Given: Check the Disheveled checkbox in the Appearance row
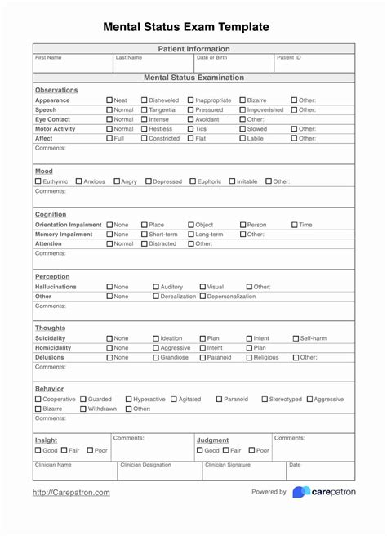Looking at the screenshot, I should tap(145, 100).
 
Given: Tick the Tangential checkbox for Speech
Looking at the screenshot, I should tap(145, 109).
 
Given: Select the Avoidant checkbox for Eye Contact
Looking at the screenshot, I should tap(191, 119).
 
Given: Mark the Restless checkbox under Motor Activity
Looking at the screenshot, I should tap(145, 129).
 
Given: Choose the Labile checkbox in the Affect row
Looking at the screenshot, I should tap(242, 138).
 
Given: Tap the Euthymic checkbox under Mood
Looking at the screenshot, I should tap(38, 181).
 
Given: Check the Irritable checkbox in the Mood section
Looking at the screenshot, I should tap(233, 181).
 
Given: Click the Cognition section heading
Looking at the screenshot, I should tap(51, 215).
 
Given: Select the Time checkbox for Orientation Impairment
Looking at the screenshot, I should tap(295, 225).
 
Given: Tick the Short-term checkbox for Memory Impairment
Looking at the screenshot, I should tap(145, 234).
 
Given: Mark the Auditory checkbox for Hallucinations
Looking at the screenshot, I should tap(157, 287).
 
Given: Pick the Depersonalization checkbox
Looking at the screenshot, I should tap(203, 297).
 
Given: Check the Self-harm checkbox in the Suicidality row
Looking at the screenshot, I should tap(296, 338).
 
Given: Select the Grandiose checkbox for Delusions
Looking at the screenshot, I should tap(157, 357).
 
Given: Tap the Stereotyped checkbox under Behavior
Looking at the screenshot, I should tap(265, 400).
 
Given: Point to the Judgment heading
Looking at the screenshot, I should tap(212, 440).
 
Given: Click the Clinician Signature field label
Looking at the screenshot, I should tap(227, 465).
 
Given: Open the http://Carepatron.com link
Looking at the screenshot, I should tap(71, 493).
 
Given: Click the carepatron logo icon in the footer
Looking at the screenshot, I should tap(301, 492).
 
